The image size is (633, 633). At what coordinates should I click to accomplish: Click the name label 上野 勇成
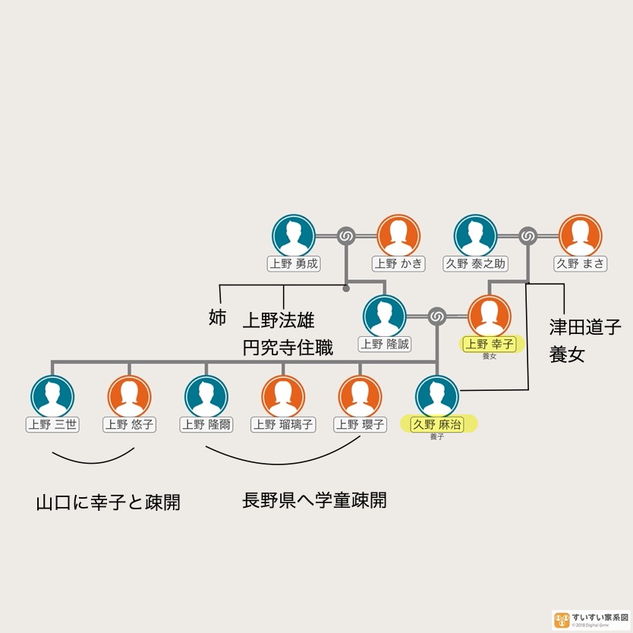pos(294,264)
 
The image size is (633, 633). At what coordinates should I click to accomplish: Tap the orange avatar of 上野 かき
pos(398,235)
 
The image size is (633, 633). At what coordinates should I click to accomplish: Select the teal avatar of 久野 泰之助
pos(476,235)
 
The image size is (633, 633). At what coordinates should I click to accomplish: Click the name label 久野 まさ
pos(581,264)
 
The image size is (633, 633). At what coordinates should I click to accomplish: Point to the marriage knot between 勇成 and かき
pos(346,236)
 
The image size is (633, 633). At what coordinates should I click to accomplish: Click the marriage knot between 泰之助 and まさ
pos(528,236)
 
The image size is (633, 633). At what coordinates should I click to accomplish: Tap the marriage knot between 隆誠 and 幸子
pos(436,316)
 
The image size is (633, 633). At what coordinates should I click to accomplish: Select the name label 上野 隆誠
pos(385,344)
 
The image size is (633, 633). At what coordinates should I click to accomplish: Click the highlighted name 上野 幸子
pos(490,344)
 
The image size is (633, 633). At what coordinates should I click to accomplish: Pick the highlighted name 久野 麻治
pos(438,424)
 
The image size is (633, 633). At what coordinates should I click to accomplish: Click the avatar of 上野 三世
pos(52,396)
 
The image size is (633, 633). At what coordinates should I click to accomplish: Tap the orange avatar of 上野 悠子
pos(129,396)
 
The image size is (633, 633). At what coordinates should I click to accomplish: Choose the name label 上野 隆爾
pos(206,424)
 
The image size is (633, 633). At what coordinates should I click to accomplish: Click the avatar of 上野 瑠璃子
pos(283,396)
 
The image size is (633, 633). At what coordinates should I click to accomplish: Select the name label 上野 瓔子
pos(360,424)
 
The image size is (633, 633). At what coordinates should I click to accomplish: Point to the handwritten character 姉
pos(217,317)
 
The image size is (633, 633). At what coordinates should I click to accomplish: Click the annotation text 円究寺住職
pos(288,348)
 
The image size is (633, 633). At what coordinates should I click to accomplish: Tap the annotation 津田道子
pos(585,328)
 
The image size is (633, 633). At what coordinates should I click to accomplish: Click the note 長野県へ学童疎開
pos(314,501)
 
